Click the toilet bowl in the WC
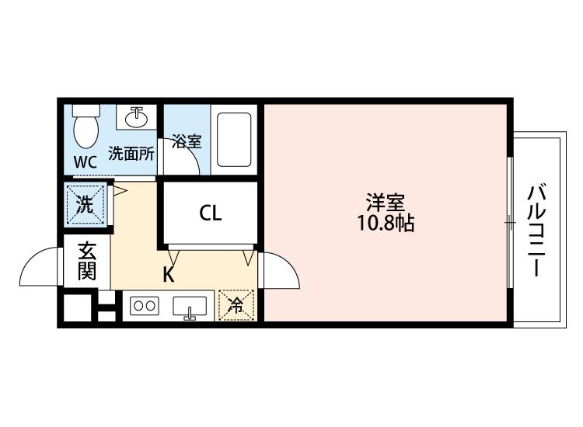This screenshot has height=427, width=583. (x=86, y=131)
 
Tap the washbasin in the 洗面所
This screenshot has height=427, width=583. (x=137, y=117)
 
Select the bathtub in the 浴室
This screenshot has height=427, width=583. (x=234, y=140)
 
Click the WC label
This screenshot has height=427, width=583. (x=86, y=162)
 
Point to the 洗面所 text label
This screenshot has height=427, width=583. (x=131, y=154)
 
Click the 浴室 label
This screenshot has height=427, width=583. (x=187, y=141)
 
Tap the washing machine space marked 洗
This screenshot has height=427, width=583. (x=86, y=205)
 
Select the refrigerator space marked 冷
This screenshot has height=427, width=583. (x=236, y=305)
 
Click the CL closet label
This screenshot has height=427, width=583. (x=211, y=213)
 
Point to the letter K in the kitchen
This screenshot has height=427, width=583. (x=169, y=275)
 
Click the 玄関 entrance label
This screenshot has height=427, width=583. (x=87, y=262)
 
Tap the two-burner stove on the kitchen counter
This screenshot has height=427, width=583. (x=145, y=306)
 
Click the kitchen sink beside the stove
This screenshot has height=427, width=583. (x=190, y=307)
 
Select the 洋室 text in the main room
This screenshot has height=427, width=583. (x=386, y=203)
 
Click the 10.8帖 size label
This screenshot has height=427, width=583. (x=386, y=224)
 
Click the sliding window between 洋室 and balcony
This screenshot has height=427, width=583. (x=510, y=223)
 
